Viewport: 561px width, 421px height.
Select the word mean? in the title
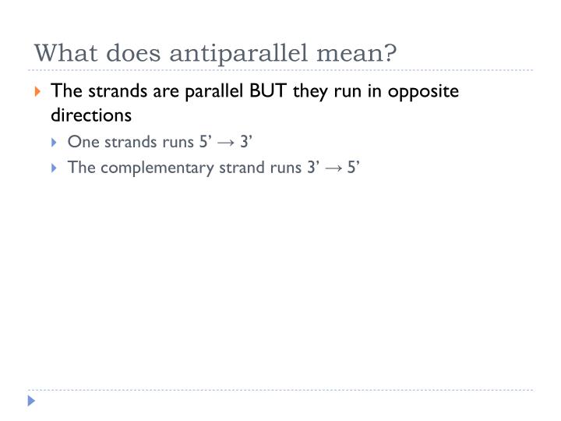(364, 54)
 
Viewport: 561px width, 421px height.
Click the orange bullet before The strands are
(38, 92)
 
